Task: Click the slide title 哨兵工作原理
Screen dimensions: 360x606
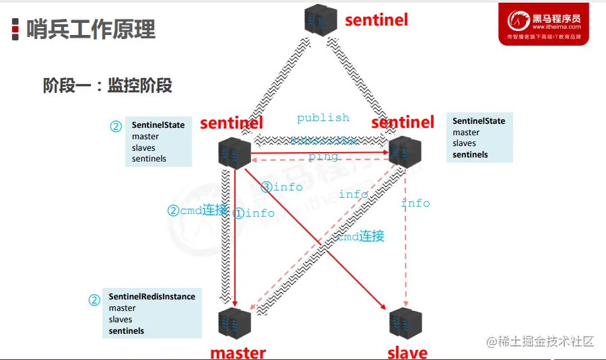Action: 91,29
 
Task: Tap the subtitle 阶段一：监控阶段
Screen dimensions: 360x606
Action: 107,85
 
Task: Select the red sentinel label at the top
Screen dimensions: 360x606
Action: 376,20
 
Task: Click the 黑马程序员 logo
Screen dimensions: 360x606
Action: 543,24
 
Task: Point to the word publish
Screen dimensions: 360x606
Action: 323,118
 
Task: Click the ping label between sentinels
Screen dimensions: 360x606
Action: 323,157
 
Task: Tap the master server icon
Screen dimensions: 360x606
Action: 235,323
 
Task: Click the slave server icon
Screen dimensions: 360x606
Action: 405,323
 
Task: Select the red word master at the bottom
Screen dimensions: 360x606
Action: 238,352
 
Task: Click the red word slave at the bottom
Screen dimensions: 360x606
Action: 407,352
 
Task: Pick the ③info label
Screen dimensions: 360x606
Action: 282,187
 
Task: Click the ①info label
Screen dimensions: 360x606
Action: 254,213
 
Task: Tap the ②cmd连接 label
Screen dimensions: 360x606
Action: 197,210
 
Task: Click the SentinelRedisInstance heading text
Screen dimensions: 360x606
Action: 152,297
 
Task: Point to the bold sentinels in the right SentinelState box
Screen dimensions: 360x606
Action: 470,154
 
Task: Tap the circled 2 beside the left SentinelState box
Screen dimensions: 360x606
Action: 116,126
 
